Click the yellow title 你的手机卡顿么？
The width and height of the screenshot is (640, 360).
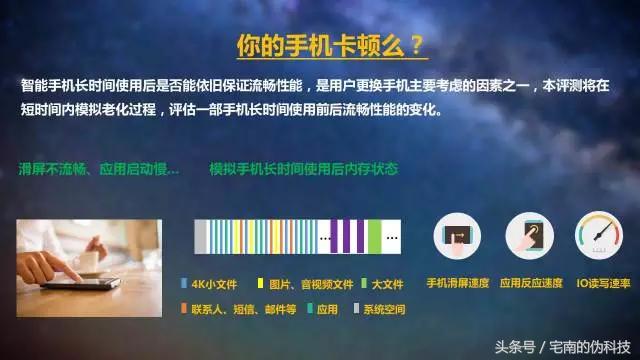tap(329, 46)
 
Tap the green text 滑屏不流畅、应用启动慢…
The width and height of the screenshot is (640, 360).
tap(99, 169)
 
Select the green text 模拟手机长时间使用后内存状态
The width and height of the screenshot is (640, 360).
tap(304, 169)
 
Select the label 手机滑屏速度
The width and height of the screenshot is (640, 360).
tap(458, 284)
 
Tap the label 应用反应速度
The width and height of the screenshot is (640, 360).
tap(531, 284)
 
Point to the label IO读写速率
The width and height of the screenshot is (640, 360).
tap(603, 284)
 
